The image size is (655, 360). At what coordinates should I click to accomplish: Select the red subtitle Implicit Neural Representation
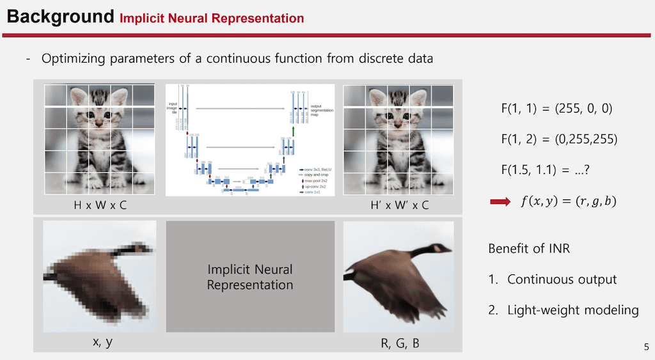pyautogui.click(x=212, y=18)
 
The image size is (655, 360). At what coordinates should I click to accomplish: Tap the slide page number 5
pyautogui.click(x=646, y=347)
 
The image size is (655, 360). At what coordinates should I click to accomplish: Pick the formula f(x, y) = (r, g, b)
pyautogui.click(x=568, y=202)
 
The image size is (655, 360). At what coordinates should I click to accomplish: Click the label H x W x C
pyautogui.click(x=100, y=205)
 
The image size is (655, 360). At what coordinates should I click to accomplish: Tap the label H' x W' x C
pyautogui.click(x=399, y=205)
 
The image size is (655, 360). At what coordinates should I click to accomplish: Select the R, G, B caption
pyautogui.click(x=399, y=343)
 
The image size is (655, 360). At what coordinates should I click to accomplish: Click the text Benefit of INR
pyautogui.click(x=528, y=248)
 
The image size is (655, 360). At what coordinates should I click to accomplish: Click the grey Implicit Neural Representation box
pyautogui.click(x=250, y=276)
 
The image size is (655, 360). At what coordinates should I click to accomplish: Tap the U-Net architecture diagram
pyautogui.click(x=250, y=140)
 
